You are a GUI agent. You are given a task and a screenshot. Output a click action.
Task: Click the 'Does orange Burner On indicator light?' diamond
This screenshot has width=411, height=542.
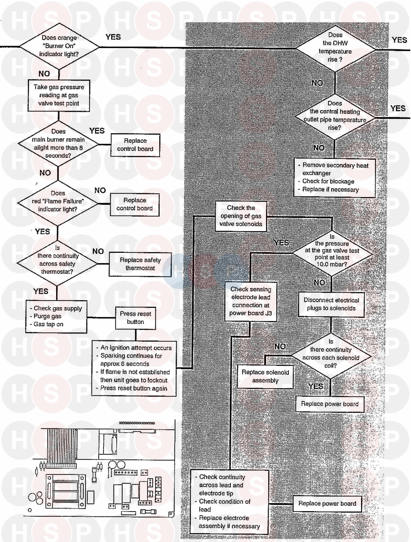[59, 46]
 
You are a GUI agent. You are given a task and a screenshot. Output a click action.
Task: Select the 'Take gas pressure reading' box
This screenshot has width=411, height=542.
[59, 95]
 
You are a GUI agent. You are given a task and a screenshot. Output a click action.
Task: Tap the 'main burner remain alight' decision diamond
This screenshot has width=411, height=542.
[58, 144]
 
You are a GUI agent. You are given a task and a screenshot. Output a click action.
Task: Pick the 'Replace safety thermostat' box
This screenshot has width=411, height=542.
[140, 264]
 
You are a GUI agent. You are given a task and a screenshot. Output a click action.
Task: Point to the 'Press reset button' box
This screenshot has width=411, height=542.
[135, 318]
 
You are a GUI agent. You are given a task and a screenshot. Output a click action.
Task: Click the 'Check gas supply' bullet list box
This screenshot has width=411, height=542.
[56, 316]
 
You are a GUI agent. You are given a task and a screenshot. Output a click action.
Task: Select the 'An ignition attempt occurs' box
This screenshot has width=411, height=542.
[134, 368]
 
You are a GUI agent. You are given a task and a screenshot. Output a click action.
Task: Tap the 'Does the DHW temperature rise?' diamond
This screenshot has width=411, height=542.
[335, 47]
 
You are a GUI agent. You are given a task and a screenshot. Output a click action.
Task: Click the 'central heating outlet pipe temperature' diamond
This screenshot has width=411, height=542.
[335, 116]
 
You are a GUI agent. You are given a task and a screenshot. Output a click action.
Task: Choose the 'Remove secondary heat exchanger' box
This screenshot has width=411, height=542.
[334, 178]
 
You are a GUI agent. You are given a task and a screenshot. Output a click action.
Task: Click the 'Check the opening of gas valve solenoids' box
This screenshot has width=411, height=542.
[241, 216]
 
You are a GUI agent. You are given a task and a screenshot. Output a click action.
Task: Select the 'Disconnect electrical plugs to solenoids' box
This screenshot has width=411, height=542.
[331, 304]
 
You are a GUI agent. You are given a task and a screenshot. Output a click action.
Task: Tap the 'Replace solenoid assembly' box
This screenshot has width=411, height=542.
[265, 376]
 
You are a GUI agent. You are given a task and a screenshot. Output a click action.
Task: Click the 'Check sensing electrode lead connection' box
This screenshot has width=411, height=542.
[251, 301]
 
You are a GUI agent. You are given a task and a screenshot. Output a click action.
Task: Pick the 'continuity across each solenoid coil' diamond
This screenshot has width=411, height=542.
[331, 354]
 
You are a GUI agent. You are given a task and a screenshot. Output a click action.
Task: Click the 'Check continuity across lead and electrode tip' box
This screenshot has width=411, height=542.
[229, 502]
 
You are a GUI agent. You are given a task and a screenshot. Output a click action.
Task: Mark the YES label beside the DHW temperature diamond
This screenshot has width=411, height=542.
[399, 40]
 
